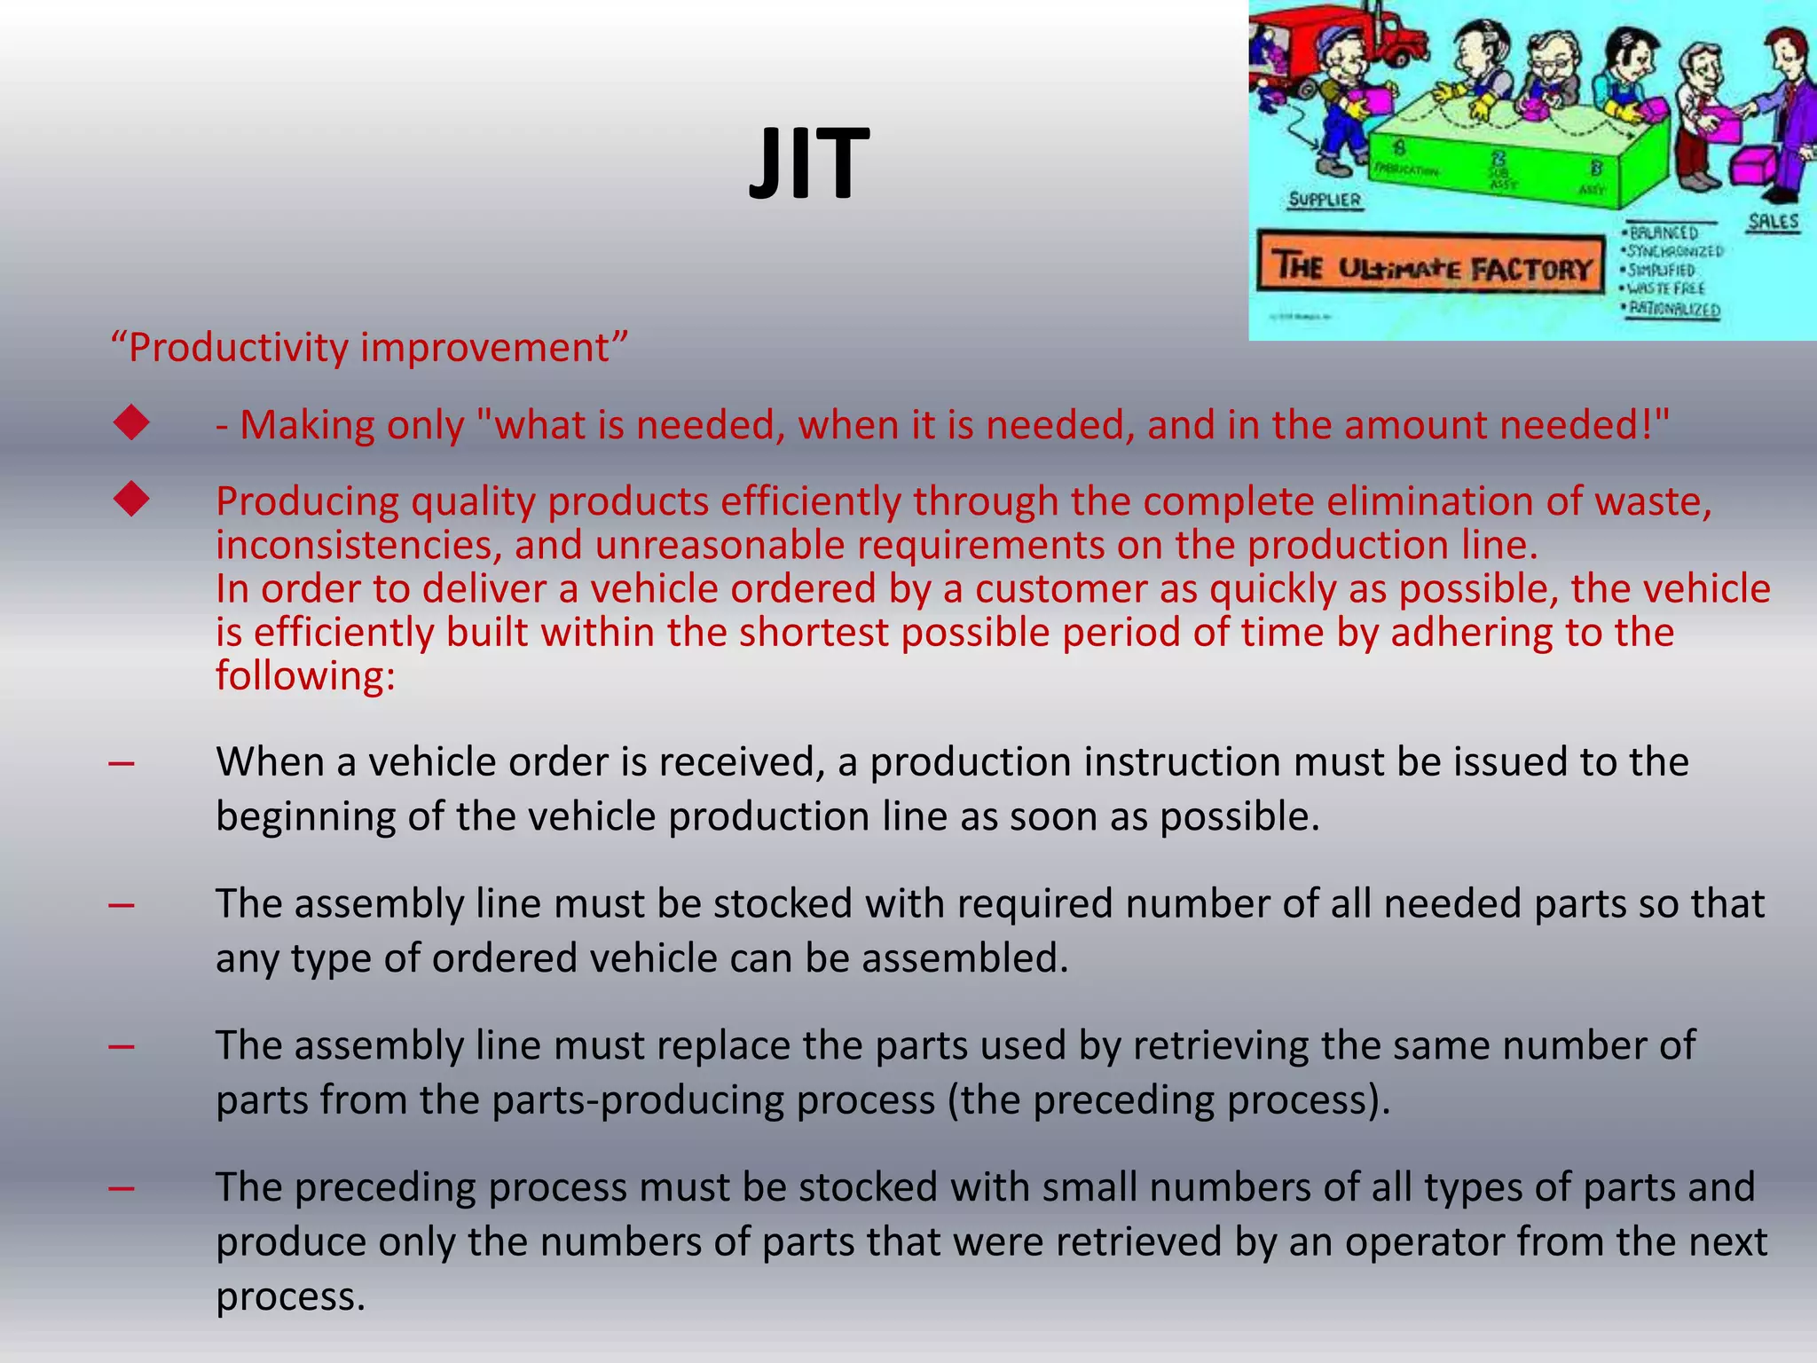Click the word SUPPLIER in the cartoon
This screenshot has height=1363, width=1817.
(1324, 200)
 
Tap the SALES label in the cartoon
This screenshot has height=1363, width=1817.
(1773, 222)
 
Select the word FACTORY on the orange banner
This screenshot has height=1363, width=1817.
(1531, 269)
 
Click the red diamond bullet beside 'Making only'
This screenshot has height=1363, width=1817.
(131, 423)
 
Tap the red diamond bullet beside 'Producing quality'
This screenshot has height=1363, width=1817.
(131, 500)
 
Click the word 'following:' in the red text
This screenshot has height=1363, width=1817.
(305, 676)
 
